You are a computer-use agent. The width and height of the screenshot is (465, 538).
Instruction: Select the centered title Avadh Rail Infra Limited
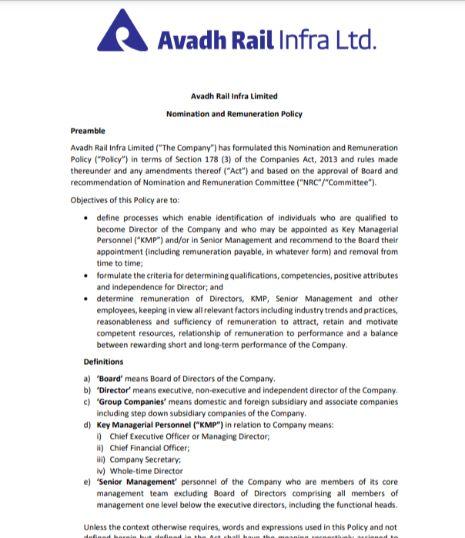pyautogui.click(x=234, y=96)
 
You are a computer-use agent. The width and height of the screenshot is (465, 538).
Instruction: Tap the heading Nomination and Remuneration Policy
pyautogui.click(x=234, y=114)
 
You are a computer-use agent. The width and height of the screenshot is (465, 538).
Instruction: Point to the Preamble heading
pyautogui.click(x=88, y=131)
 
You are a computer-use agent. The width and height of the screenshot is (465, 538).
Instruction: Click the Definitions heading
pyautogui.click(x=103, y=362)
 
